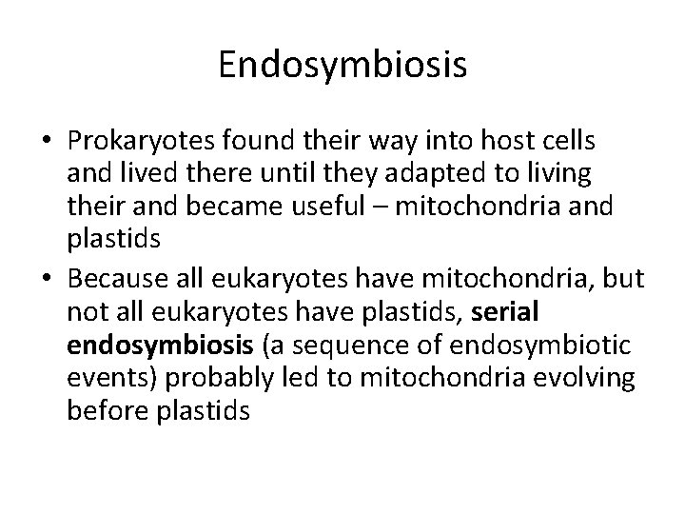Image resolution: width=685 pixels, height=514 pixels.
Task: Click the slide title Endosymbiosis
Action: [x=342, y=66]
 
